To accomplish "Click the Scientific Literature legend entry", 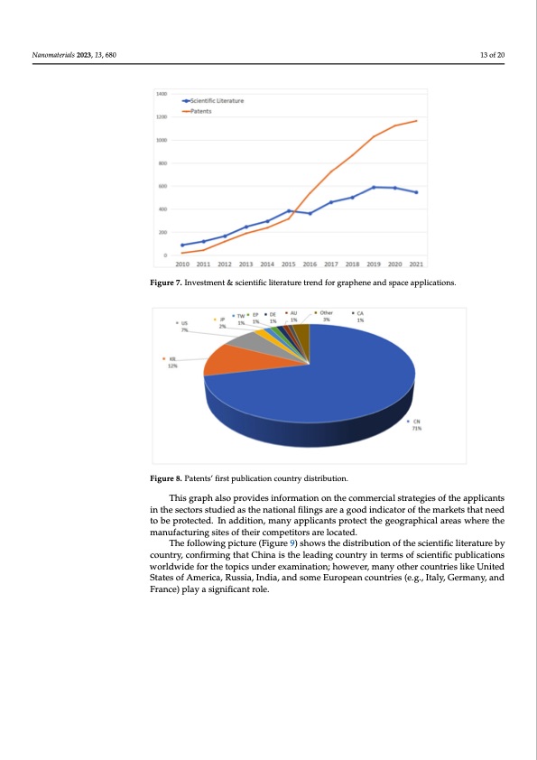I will [220, 100].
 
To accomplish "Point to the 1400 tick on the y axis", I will [161, 94].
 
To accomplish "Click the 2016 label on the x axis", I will [310, 264].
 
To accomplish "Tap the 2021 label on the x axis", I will [416, 264].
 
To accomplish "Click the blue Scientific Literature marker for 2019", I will [374, 187].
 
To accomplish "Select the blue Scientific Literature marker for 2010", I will [182, 245].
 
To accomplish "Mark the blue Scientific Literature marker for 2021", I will [416, 192].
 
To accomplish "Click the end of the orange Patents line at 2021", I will [416, 121].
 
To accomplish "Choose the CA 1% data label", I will [359, 316].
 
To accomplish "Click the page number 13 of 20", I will [493, 56].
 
